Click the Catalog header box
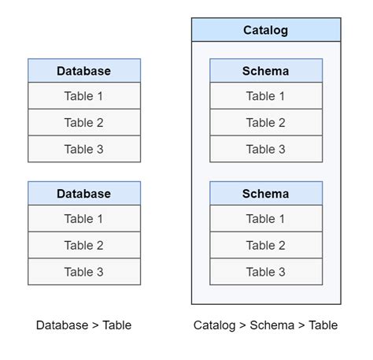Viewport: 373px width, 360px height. click(266, 31)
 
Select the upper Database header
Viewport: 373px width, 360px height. click(84, 71)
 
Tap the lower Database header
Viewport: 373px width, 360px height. click(84, 194)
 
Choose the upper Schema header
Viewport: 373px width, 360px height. click(266, 71)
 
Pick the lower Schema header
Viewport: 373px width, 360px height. click(266, 194)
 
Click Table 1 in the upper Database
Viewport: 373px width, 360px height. click(84, 96)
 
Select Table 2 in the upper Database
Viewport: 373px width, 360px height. click(84, 123)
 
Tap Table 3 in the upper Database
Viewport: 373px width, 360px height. click(84, 149)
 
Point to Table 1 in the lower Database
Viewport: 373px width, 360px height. click(84, 219)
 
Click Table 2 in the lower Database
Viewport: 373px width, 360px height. click(84, 246)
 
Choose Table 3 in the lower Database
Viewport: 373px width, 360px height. click(84, 272)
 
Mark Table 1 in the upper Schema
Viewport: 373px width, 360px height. click(266, 96)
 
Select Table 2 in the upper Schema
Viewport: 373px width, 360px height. click(266, 123)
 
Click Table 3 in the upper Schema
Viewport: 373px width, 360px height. click(266, 149)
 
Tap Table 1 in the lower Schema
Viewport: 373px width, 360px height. click(266, 219)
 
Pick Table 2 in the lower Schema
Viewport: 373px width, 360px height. click(266, 246)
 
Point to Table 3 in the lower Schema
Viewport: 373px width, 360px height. click(266, 272)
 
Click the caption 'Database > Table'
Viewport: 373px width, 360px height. click(84, 325)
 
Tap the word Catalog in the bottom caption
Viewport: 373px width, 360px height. click(215, 325)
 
